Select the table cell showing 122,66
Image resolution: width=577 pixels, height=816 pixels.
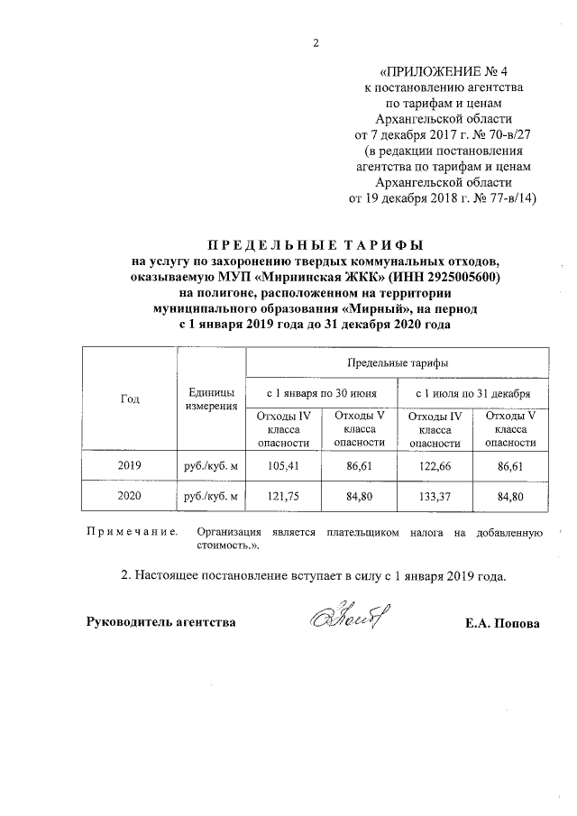pos(435,466)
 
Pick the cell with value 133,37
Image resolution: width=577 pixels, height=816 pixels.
pos(435,497)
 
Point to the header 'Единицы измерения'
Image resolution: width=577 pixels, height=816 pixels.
pos(212,399)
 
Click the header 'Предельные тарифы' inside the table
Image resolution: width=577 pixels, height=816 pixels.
pos(398,362)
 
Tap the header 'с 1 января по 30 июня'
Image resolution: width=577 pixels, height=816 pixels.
pos(322,392)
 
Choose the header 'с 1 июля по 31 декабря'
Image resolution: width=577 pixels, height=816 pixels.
pos(473,392)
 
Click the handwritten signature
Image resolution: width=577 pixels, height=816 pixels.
pos(345,619)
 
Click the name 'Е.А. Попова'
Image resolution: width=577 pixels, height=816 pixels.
pos(502,623)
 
